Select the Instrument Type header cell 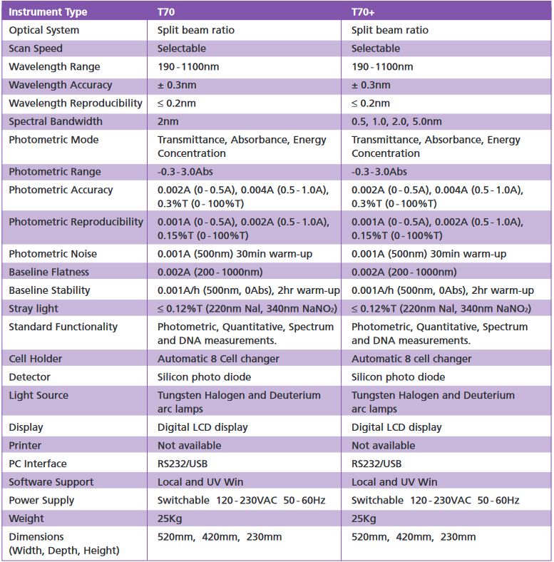tap(48, 11)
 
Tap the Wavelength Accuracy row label tap(60, 85)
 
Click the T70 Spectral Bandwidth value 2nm tap(168, 121)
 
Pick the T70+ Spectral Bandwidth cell tap(396, 121)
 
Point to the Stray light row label tap(34, 308)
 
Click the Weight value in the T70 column tap(172, 518)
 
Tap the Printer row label tap(25, 445)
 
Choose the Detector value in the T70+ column tap(398, 377)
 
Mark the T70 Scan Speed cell tap(181, 48)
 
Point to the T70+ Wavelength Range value tap(382, 66)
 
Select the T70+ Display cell tap(396, 427)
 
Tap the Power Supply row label tap(41, 500)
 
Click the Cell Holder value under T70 tap(218, 358)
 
